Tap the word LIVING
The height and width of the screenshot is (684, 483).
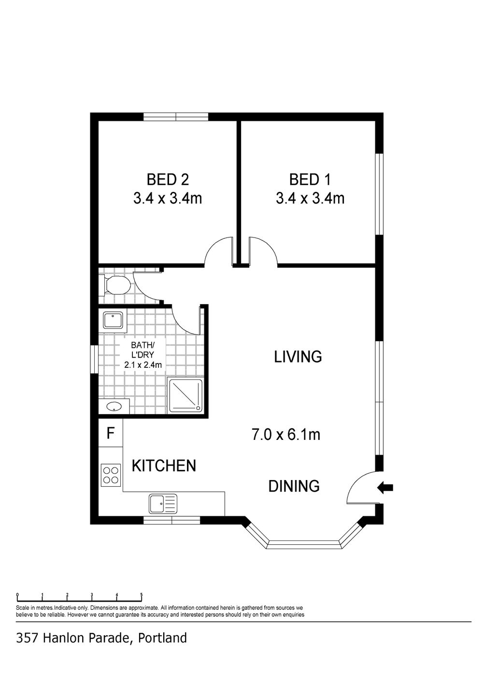(x=298, y=357)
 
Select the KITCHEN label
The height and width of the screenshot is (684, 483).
(x=164, y=466)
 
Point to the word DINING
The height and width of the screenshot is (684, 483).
(x=294, y=486)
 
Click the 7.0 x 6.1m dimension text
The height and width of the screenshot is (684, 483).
(x=285, y=434)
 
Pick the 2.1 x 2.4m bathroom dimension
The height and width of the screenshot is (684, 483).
(x=143, y=364)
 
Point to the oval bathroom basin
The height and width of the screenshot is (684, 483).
(x=114, y=406)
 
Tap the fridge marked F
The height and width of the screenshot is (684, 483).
(x=111, y=433)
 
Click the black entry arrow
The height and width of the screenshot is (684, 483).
(x=385, y=487)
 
